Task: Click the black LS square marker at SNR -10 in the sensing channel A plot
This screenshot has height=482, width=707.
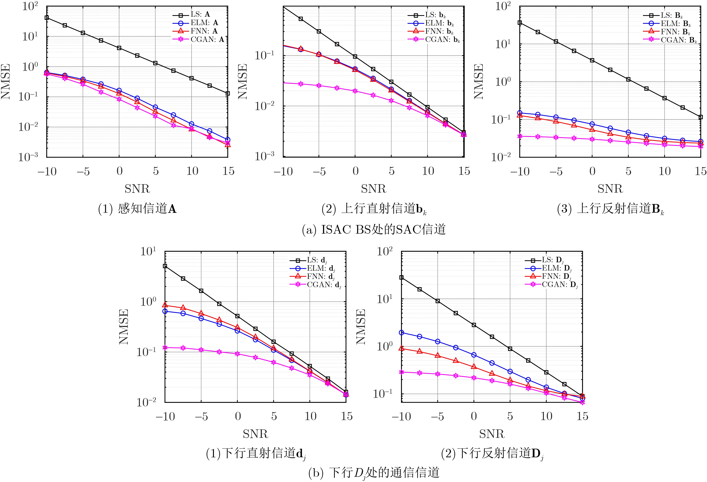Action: pos(47,18)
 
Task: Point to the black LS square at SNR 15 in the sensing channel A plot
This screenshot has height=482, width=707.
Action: pos(228,93)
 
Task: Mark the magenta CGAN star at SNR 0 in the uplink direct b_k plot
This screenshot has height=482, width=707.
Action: pos(355,91)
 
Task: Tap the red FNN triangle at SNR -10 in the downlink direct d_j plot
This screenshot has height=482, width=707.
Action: pos(165,305)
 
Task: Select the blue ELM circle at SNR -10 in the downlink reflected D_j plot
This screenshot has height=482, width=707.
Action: pos(402,333)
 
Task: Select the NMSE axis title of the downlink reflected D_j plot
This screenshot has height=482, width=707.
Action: pos(360,327)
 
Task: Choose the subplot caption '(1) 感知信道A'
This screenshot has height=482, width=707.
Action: pos(137,209)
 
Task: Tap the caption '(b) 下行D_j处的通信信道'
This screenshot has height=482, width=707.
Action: pos(374,472)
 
